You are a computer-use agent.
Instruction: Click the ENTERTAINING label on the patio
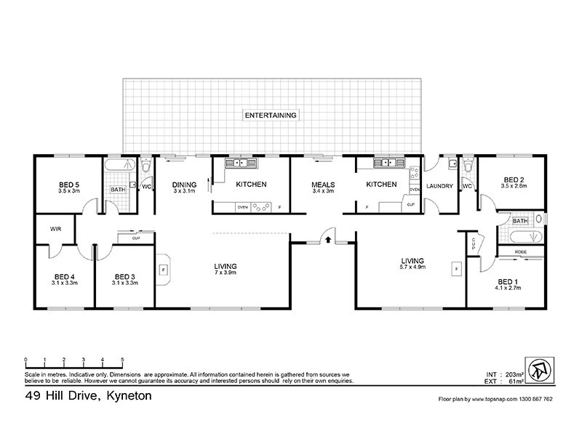pyautogui.click(x=272, y=116)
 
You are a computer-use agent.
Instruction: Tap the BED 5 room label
pyautogui.click(x=69, y=185)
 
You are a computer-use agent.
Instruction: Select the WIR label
pyautogui.click(x=55, y=228)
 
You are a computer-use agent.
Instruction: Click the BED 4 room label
pyautogui.click(x=64, y=276)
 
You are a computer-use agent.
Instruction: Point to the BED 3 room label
pyautogui.click(x=125, y=276)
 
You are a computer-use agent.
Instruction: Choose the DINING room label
pyautogui.click(x=184, y=185)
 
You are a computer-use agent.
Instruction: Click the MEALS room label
pyautogui.click(x=322, y=185)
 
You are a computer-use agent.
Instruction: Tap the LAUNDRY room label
pyautogui.click(x=439, y=187)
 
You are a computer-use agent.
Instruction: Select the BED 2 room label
pyautogui.click(x=513, y=179)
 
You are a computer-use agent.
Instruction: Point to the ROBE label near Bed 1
pyautogui.click(x=520, y=251)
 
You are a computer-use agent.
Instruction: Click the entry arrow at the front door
pyautogui.click(x=328, y=238)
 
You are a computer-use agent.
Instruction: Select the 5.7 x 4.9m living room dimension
pyautogui.click(x=412, y=267)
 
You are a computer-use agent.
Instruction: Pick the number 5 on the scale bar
pyautogui.click(x=122, y=360)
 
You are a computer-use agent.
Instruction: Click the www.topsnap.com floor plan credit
pyautogui.click(x=495, y=400)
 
